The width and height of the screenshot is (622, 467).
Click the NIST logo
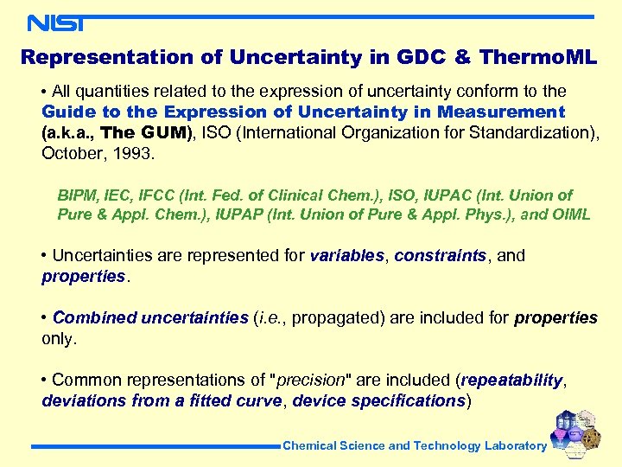[x=55, y=22]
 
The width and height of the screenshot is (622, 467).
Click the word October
[x=68, y=153]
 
